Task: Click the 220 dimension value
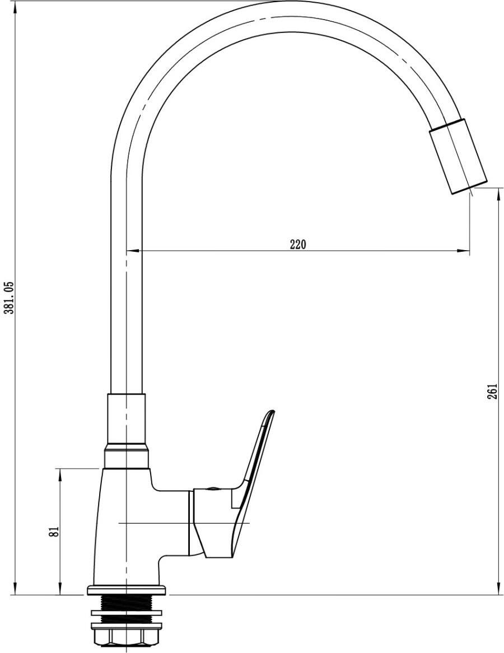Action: [298, 244]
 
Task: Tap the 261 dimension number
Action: [492, 391]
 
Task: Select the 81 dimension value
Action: [54, 532]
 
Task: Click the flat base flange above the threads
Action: [127, 590]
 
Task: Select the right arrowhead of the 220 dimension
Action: [464, 251]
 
